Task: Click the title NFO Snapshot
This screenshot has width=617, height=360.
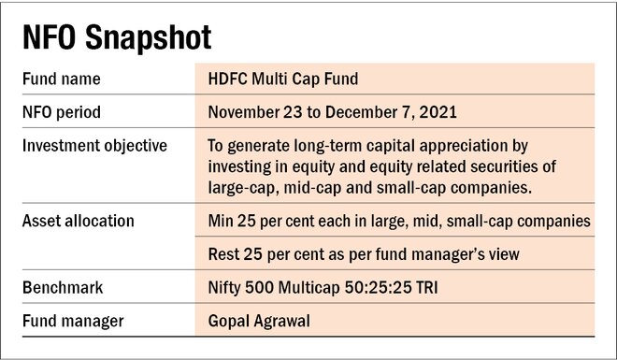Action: click(x=115, y=38)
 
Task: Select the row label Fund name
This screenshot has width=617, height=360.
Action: click(x=62, y=79)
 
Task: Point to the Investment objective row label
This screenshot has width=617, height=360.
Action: click(x=94, y=146)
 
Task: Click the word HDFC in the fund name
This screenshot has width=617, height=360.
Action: click(x=229, y=79)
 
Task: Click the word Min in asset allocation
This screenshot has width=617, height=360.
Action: click(x=222, y=221)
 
